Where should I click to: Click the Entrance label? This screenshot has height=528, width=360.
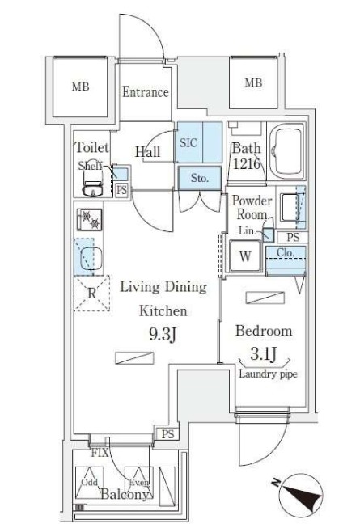tap(145, 92)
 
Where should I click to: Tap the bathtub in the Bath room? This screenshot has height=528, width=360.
tap(288, 152)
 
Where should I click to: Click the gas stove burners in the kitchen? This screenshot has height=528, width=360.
tap(89, 220)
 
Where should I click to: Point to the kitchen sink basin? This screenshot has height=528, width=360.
tap(91, 258)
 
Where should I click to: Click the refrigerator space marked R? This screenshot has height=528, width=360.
tap(91, 293)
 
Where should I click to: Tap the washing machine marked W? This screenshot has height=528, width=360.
tap(245, 256)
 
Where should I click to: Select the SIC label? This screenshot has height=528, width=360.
tap(188, 143)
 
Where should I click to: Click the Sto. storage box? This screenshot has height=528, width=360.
tap(200, 178)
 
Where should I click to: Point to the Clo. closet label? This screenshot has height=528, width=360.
tap(286, 252)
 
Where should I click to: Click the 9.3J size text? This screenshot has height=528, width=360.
tap(163, 335)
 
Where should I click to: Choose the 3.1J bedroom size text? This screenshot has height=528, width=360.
tap(264, 354)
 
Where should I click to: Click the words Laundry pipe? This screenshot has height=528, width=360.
tap(268, 374)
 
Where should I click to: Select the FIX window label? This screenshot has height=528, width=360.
tap(100, 453)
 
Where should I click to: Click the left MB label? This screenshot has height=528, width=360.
tap(80, 87)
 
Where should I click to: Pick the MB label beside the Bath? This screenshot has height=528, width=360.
tap(253, 82)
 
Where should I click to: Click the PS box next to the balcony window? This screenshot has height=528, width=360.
tap(167, 433)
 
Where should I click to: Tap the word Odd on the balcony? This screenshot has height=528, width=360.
tap(90, 482)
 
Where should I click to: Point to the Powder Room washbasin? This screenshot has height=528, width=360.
tap(288, 207)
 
